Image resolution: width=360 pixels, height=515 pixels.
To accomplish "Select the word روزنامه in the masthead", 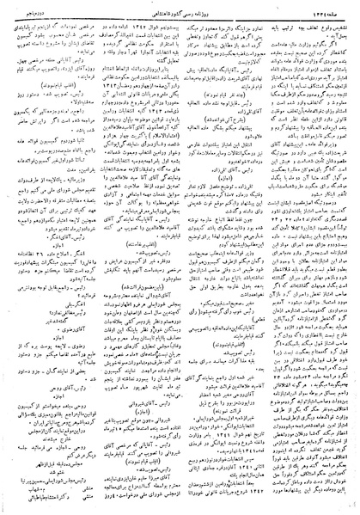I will coord(213,9).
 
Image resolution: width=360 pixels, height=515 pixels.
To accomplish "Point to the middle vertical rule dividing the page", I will coord(181,258).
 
